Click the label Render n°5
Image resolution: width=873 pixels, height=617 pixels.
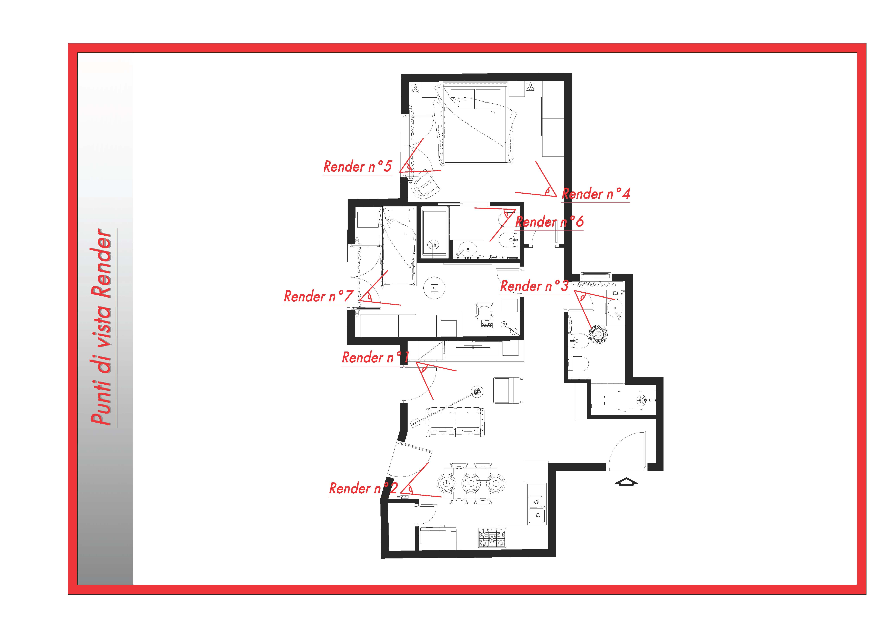click(357, 167)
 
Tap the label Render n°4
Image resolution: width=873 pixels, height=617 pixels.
click(596, 194)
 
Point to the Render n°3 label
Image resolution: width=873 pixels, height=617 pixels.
click(534, 286)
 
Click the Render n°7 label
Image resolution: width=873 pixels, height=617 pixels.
click(319, 296)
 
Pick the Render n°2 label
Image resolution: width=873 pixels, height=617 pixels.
click(363, 488)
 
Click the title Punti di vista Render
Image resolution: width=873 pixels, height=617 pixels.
click(102, 327)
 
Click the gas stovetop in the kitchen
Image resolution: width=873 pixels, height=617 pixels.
click(492, 538)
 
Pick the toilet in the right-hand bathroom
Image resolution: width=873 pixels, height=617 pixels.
click(578, 363)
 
